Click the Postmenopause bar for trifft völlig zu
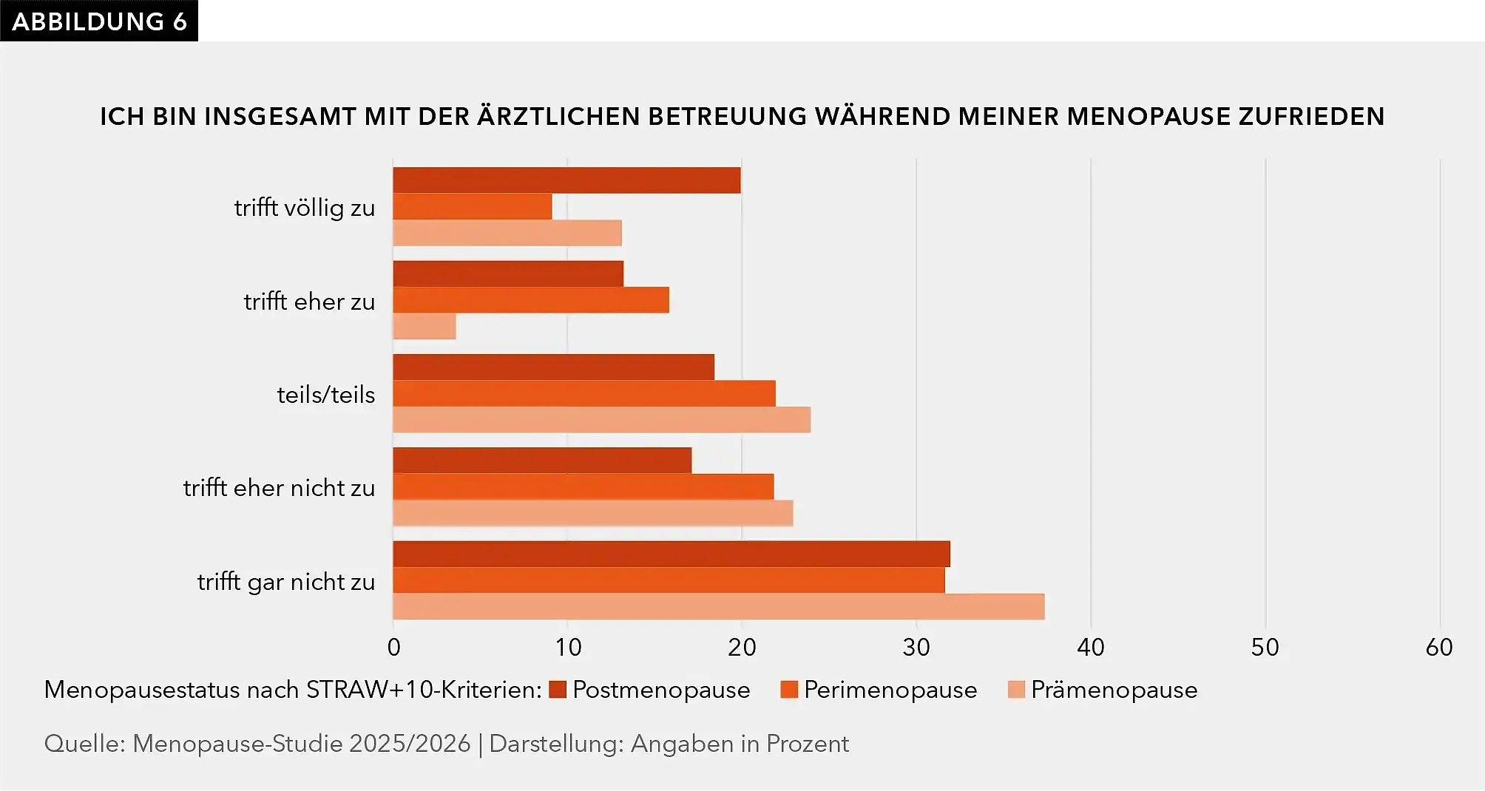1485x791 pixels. pos(566,180)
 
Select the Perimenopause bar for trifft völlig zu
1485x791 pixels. pos(473,206)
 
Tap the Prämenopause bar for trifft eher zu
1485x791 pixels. pos(424,326)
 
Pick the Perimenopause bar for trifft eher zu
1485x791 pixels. pos(531,300)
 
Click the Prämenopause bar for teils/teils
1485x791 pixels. pos(602,419)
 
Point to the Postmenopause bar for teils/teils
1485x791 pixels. pos(554,367)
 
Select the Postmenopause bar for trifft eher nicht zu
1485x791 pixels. pos(542,461)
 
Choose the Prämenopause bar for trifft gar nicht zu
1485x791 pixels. pos(719,606)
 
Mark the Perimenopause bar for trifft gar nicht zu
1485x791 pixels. pos(669,580)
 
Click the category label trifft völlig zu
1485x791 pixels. pos(305,208)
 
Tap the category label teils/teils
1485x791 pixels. pos(326,395)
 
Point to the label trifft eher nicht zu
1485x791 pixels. pos(280,488)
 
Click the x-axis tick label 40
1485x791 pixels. pos(1091,648)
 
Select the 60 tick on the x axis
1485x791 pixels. pos(1439,648)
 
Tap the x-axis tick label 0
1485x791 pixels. pos(394,648)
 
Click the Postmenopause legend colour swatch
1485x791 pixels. pos(558,690)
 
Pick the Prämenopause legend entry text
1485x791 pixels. pos(1114,690)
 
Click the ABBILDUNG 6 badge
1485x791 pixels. pos(99,21)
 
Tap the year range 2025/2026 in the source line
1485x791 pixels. pos(410,743)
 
